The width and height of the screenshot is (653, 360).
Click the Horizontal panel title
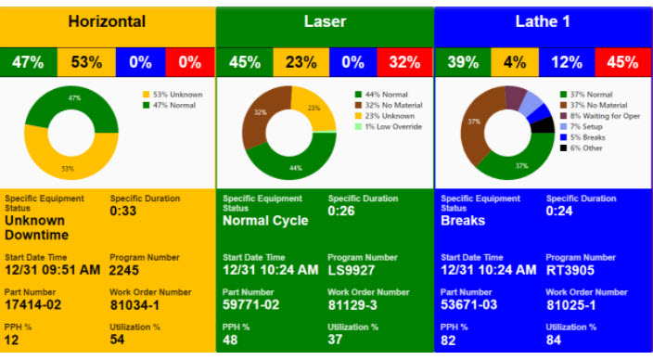[x=107, y=20]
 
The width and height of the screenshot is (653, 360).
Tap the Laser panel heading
[x=325, y=20]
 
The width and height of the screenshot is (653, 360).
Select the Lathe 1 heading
[x=543, y=20]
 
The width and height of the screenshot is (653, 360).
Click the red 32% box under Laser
[x=404, y=62]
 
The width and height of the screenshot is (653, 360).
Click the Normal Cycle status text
[x=265, y=222]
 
